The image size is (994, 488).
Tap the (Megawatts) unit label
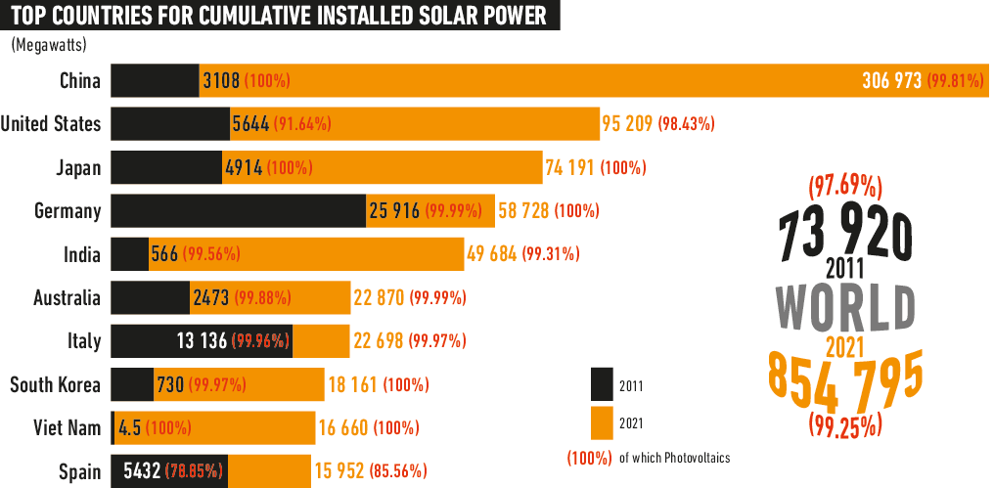(49, 44)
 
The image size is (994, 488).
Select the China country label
(79, 81)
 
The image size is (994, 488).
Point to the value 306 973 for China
(891, 81)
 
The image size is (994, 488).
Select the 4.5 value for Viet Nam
(129, 428)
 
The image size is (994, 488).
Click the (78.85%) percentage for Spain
(194, 471)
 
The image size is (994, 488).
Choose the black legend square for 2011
(602, 385)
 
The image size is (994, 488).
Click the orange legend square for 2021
(602, 423)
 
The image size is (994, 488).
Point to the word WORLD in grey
(846, 307)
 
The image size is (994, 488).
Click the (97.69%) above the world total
(845, 185)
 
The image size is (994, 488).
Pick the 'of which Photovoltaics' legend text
(674, 458)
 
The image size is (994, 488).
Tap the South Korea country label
(55, 384)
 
